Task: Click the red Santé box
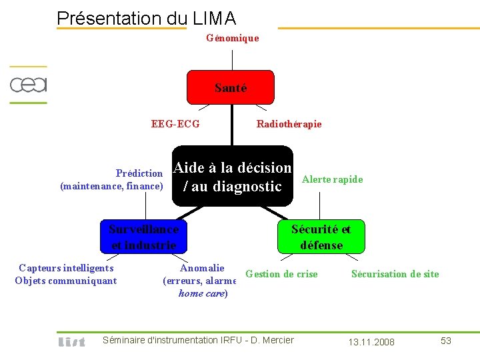pos(230,87)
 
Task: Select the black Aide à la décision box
pos(233,177)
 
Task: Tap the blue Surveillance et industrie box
pos(143,237)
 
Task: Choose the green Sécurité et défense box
pos(321,237)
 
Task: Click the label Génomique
pos(232,38)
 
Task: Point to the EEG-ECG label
pos(175,123)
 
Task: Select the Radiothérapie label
pos(289,123)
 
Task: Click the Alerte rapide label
pos(332,179)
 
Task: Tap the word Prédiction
pos(139,173)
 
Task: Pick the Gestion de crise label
pos(281,274)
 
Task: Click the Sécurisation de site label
pos(395,274)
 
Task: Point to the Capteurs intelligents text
pos(66,268)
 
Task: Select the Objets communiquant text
pos(65,281)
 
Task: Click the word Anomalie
pos(202,268)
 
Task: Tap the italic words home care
pos(202,293)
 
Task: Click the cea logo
pos(28,85)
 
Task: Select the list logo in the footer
pos(71,341)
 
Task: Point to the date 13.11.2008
pos(371,342)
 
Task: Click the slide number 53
pos(446,341)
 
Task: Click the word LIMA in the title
pos(213,18)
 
